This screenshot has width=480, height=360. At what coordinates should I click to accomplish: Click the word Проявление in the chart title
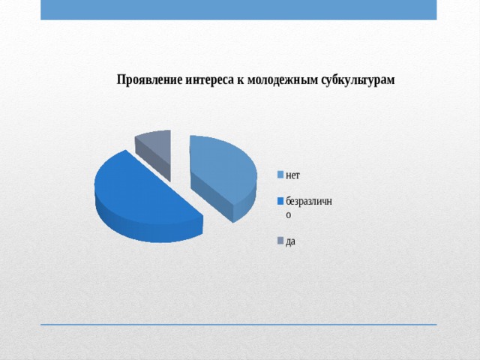(150, 80)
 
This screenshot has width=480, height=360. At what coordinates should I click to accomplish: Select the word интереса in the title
(209, 80)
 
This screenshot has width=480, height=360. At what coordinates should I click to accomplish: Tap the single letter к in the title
(240, 81)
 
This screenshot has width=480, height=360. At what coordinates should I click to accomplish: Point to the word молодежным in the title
(283, 81)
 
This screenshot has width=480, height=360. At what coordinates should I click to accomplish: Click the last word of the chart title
(358, 81)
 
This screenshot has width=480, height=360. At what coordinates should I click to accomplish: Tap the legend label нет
(292, 175)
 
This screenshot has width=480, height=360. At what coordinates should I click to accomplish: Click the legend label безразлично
(309, 208)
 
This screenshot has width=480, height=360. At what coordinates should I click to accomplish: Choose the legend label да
(290, 241)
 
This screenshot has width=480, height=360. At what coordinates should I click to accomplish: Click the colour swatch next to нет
(280, 175)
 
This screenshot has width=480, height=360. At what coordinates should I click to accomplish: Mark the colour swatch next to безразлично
(280, 201)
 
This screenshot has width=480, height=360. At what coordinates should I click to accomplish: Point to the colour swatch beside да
(280, 241)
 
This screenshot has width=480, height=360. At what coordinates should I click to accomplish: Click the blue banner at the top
(238, 10)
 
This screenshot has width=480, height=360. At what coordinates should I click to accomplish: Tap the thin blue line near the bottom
(238, 324)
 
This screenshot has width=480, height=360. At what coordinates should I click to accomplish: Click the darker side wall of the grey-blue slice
(153, 162)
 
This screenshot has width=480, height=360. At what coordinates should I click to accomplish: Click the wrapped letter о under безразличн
(288, 215)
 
